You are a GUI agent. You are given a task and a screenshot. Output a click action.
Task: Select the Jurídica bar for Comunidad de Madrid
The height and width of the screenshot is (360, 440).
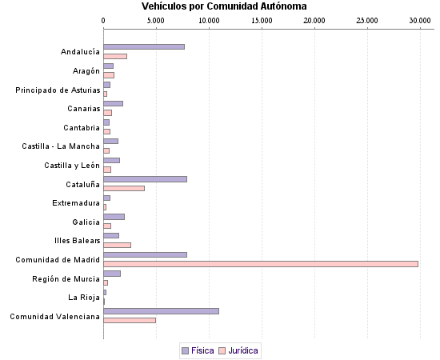(261, 263)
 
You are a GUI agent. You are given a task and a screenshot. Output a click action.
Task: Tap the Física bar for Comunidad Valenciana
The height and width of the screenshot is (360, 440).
(161, 310)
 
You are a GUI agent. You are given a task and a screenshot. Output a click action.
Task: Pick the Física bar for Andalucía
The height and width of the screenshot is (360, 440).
(144, 46)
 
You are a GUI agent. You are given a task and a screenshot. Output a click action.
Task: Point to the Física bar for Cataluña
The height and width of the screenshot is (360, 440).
(145, 178)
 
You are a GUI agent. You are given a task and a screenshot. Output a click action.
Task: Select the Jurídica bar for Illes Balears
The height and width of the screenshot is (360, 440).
(117, 245)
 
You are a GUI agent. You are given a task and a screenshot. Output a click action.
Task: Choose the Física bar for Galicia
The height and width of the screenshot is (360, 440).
(114, 216)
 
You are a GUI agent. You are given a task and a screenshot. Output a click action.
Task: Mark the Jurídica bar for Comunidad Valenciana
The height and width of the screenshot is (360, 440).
(130, 320)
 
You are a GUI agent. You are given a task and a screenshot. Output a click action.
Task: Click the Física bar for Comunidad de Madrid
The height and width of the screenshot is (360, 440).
(145, 254)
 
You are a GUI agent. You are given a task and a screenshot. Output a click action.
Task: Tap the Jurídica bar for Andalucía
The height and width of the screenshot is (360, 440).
(115, 56)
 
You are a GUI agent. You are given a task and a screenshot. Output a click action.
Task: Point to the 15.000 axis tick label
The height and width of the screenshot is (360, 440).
(261, 19)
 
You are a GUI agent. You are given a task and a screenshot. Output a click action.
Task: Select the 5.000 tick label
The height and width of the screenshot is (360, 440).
(155, 19)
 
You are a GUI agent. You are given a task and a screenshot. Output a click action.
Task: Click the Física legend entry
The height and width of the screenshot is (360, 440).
(198, 350)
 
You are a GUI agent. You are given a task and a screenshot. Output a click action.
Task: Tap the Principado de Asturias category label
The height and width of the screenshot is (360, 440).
(58, 90)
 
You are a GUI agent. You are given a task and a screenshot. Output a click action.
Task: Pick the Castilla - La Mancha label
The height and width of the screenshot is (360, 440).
(61, 146)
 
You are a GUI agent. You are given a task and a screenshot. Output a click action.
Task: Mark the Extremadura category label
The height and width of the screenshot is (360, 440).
(76, 202)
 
